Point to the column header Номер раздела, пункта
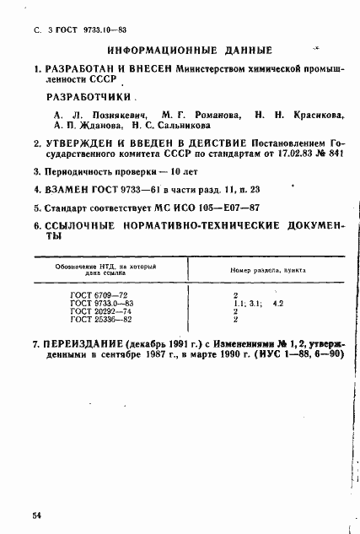264,271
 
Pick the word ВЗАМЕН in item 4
68,189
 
